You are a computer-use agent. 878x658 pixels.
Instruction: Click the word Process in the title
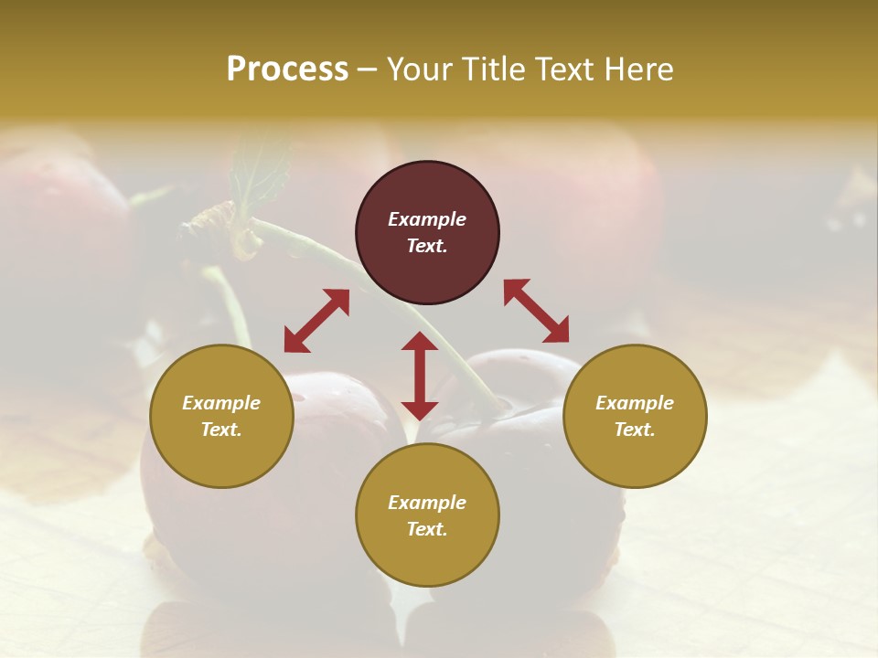point(287,69)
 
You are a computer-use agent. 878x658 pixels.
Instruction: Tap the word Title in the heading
point(495,69)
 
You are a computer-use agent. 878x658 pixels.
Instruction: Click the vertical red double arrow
point(420,376)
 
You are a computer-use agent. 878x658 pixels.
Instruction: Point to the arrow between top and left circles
point(316,321)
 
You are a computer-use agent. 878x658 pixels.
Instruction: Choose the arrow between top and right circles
point(537,311)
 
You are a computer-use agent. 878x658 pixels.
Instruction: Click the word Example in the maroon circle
point(427,219)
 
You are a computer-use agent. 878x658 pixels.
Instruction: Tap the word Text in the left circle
point(221,430)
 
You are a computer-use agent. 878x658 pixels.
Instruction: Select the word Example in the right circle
point(635,403)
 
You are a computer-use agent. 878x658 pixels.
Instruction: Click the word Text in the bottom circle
point(427,529)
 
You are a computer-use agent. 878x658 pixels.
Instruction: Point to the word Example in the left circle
point(221,403)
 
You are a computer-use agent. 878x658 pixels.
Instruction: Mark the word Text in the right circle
point(635,430)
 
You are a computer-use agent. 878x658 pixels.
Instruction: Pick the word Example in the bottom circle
point(427,503)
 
